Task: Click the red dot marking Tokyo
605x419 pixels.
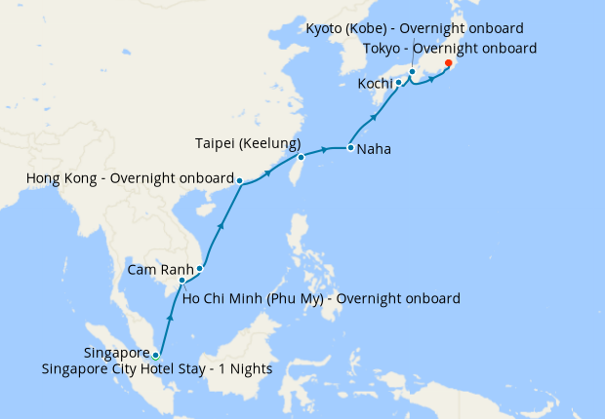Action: pyautogui.click(x=448, y=63)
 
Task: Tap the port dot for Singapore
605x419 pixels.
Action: pyautogui.click(x=155, y=355)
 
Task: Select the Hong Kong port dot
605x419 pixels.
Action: pyautogui.click(x=240, y=180)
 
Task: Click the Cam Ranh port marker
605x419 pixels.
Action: pyautogui.click(x=200, y=268)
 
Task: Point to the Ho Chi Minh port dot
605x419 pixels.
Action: pyautogui.click(x=181, y=282)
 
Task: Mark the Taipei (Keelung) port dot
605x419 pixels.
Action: pyautogui.click(x=302, y=157)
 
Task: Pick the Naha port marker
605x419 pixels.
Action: pyautogui.click(x=350, y=148)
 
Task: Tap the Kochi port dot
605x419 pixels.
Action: pyautogui.click(x=399, y=83)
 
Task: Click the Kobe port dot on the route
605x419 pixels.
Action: pyautogui.click(x=413, y=71)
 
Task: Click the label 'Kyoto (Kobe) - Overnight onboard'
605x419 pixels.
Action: pyautogui.click(x=415, y=28)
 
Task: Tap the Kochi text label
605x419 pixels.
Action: pyautogui.click(x=375, y=84)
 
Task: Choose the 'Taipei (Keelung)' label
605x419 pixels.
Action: pyautogui.click(x=245, y=143)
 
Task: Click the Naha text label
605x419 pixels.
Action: pyautogui.click(x=376, y=150)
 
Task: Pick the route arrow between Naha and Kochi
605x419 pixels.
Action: pyautogui.click(x=375, y=119)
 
